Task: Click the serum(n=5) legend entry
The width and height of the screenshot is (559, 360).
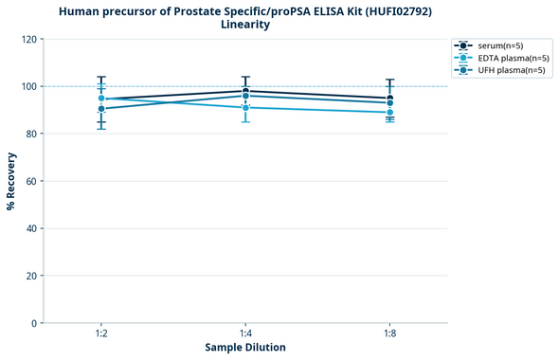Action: [x=503, y=45]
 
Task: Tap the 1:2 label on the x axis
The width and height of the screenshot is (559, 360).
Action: [x=101, y=334]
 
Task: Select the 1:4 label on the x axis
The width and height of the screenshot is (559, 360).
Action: [x=245, y=334]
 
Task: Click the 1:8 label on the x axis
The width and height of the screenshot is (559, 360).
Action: [x=389, y=334]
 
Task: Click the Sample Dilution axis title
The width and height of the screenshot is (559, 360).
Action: [x=245, y=348]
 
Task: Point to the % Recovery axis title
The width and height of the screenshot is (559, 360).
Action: [x=11, y=181]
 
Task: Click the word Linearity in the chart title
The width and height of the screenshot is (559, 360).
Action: [x=245, y=25]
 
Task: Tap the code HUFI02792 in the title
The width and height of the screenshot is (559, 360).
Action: [x=397, y=11]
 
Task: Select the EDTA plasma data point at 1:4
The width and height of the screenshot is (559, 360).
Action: [x=245, y=107]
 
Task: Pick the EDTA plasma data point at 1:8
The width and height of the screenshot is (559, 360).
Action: [x=389, y=112]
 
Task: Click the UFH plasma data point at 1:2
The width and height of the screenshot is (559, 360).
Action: [x=101, y=109]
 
